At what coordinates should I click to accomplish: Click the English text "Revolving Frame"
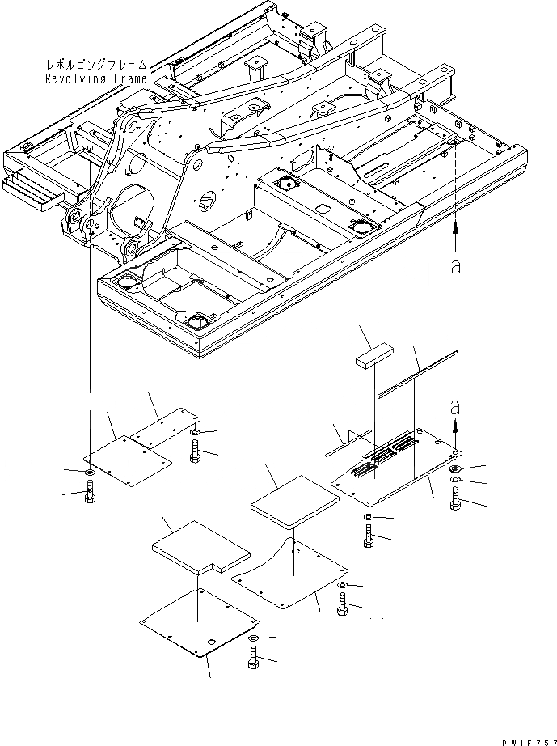[96, 78]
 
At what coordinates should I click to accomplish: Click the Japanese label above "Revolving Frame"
[96, 61]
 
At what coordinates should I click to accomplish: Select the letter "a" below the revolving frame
[456, 267]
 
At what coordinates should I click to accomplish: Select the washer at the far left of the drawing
[88, 471]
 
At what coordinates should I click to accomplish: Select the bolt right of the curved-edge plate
[343, 605]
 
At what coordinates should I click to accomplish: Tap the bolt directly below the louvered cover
[368, 536]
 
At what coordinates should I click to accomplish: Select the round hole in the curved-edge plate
[295, 550]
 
